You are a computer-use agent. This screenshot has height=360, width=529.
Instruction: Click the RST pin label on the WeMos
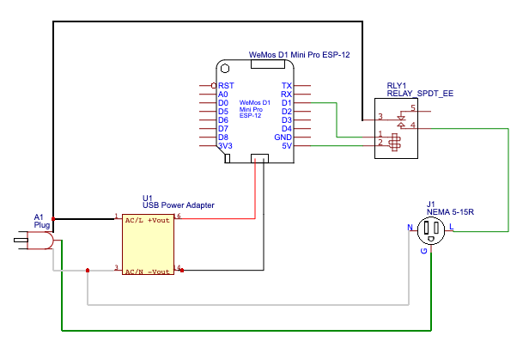click(226, 86)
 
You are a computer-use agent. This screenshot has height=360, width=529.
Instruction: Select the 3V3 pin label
click(226, 146)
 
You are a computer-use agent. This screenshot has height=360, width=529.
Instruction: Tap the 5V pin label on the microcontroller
click(288, 146)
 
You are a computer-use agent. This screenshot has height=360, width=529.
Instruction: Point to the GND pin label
click(283, 137)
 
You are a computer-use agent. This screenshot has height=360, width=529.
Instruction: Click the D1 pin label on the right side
click(287, 103)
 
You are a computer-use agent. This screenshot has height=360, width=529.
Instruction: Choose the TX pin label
click(287, 86)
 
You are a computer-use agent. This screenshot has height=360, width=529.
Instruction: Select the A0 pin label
click(223, 95)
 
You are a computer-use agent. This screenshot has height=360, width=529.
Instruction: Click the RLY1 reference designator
click(398, 85)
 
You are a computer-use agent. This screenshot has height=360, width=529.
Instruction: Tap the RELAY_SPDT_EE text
click(420, 94)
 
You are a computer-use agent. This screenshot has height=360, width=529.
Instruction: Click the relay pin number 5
click(413, 108)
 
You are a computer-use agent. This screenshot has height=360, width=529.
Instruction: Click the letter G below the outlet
click(423, 252)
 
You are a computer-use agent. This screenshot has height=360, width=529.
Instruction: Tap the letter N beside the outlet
click(410, 228)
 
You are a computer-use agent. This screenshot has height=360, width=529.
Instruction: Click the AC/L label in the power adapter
click(133, 221)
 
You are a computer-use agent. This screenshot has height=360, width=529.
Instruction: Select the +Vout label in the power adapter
click(160, 221)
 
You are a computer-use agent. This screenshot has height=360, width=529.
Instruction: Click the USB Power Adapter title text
click(178, 205)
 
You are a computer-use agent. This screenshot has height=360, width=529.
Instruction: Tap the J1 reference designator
click(431, 204)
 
